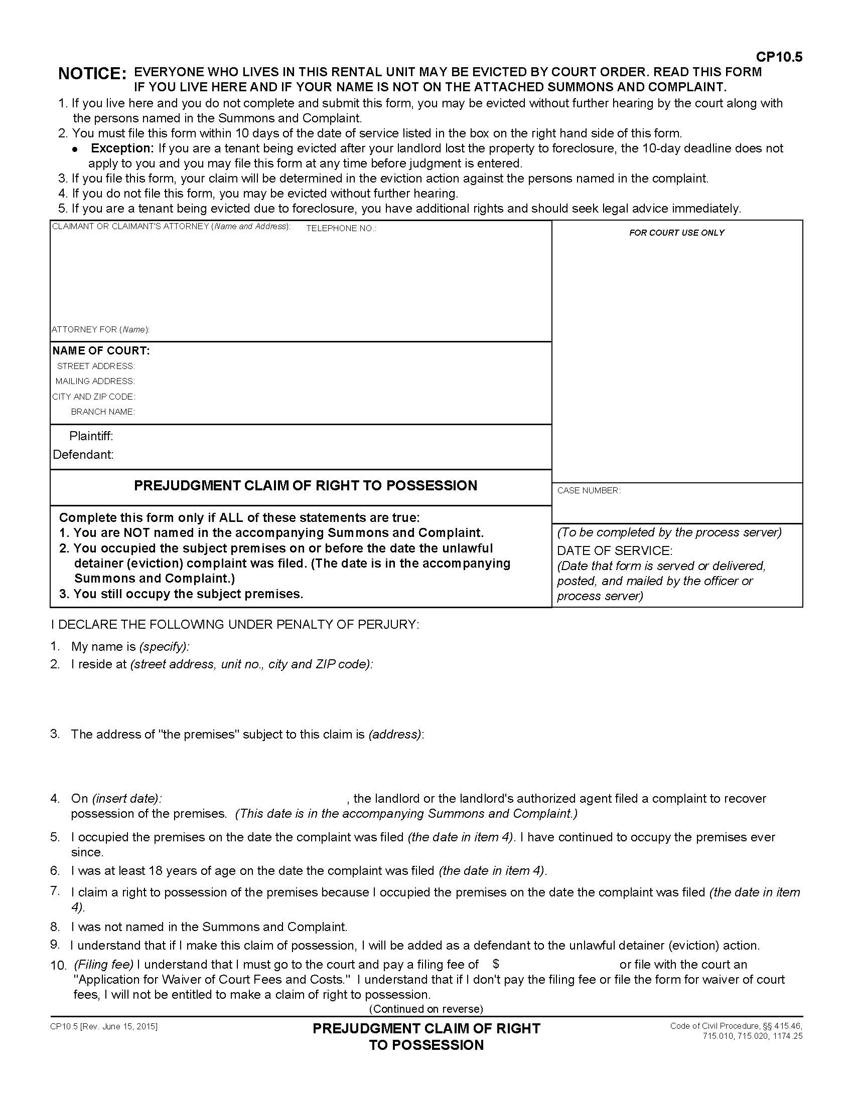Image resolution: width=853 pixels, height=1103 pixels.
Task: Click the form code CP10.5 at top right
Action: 779,57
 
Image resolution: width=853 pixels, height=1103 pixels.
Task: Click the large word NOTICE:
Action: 92,74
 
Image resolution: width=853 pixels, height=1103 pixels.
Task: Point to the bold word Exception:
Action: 122,148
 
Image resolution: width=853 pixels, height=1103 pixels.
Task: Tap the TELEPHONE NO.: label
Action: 341,229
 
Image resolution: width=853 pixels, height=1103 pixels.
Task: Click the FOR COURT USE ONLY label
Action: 676,233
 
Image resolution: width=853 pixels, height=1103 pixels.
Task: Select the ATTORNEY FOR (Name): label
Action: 100,330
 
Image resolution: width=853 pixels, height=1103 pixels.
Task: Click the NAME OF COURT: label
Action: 101,351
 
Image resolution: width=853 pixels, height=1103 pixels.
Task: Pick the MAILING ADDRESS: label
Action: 95,382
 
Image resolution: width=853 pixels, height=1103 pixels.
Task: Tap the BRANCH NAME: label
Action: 102,412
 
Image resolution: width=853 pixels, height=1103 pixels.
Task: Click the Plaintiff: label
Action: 91,436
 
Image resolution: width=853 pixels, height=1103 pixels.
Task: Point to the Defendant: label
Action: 83,455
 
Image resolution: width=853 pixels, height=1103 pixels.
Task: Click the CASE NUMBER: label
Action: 589,491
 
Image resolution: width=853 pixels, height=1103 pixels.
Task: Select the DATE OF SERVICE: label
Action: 615,550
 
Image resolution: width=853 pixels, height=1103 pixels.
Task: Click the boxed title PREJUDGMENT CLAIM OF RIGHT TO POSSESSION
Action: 305,486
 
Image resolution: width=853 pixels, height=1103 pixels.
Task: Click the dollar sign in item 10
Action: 496,964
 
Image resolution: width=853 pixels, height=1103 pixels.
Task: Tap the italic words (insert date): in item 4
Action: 127,799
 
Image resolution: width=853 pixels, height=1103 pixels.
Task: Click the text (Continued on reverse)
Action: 426,1009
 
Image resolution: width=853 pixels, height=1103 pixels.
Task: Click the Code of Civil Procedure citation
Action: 736,1031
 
